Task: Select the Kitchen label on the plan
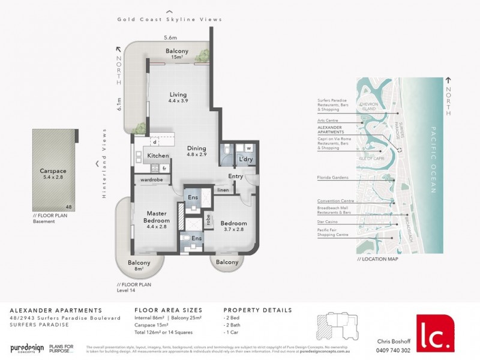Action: (x=158, y=156)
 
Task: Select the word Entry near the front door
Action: (x=236, y=176)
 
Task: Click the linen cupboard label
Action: (x=223, y=191)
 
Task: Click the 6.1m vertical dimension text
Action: (x=120, y=104)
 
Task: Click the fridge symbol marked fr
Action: (x=164, y=169)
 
